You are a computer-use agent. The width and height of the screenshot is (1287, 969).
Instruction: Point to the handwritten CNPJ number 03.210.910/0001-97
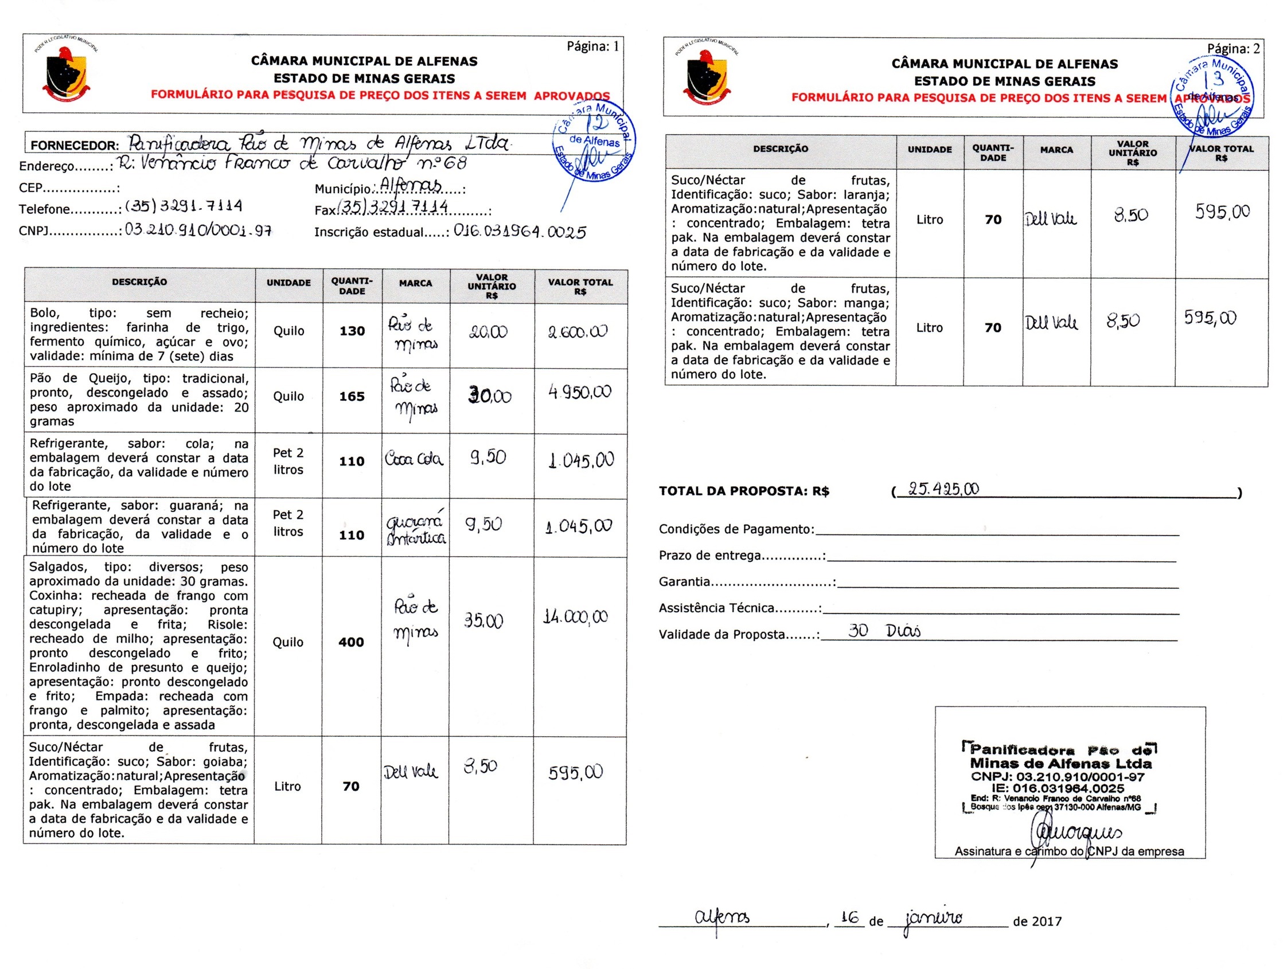(x=198, y=230)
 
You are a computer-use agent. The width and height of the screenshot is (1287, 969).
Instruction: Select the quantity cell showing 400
(x=351, y=642)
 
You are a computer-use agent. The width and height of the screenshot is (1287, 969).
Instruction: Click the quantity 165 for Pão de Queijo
(x=352, y=397)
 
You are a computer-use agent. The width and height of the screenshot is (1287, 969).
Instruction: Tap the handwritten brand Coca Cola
(x=414, y=459)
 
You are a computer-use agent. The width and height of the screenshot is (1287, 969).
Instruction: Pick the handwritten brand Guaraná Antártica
(x=415, y=528)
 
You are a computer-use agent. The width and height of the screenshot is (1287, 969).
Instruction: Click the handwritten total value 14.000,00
(x=575, y=616)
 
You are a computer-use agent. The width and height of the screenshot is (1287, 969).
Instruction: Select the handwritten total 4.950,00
(x=579, y=393)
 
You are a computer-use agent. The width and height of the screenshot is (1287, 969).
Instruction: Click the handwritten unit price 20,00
(x=488, y=332)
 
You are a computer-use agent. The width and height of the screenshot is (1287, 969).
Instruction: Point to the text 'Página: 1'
(x=593, y=46)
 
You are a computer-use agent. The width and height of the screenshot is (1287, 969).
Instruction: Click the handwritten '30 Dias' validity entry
(x=884, y=631)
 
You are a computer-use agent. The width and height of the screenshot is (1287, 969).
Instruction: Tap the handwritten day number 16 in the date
(x=849, y=918)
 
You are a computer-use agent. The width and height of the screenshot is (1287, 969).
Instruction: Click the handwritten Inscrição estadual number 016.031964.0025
(x=520, y=232)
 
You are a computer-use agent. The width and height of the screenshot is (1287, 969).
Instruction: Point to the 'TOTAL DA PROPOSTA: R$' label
(x=743, y=491)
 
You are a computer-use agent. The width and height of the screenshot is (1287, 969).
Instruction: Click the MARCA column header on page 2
(x=1056, y=150)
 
